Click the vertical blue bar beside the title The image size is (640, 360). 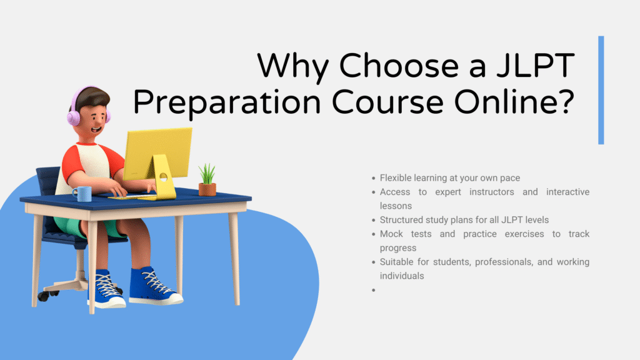tap(601, 90)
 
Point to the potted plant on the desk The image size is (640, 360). tap(207, 181)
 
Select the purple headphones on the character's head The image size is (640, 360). tap(77, 111)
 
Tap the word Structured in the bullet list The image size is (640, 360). tap(402, 219)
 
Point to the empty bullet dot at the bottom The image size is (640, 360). tap(373, 290)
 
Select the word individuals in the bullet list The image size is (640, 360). tap(402, 276)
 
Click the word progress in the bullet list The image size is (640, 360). tap(397, 248)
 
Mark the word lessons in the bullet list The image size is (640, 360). tap(396, 205)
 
